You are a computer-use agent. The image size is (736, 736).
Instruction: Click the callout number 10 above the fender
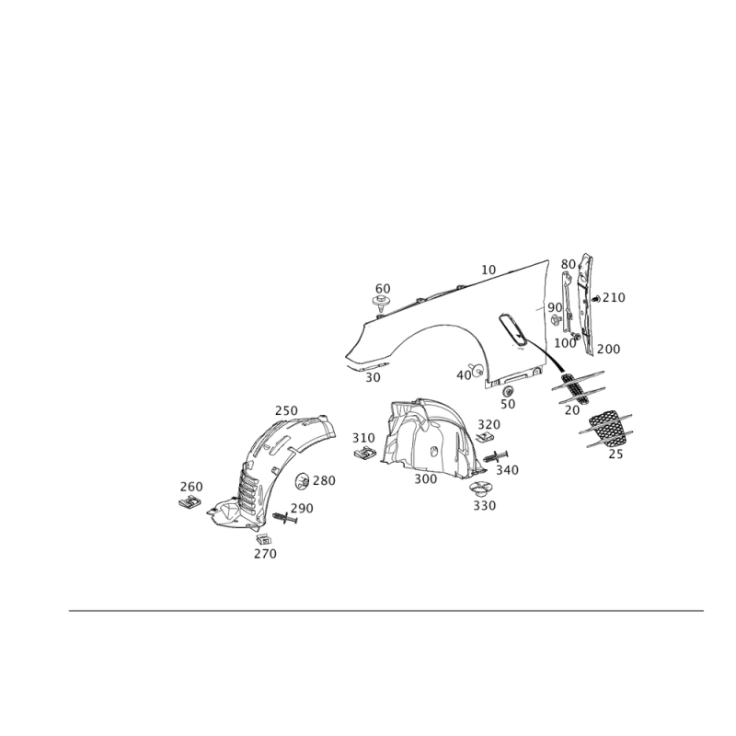(x=489, y=270)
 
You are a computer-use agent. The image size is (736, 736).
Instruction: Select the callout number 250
(x=286, y=410)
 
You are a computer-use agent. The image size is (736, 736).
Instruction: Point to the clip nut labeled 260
(x=190, y=502)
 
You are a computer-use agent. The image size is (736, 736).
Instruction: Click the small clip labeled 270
(x=263, y=539)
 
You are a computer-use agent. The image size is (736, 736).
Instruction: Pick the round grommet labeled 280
(x=303, y=481)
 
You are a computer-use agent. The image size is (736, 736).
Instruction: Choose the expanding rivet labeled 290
(x=285, y=518)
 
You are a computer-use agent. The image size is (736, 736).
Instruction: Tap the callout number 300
(x=426, y=478)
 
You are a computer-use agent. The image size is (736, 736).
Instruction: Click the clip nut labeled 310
(x=364, y=454)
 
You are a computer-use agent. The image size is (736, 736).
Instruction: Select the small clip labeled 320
(x=485, y=438)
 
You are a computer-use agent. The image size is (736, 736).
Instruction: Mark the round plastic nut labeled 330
(x=480, y=489)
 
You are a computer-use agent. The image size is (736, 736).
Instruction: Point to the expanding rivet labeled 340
(x=495, y=455)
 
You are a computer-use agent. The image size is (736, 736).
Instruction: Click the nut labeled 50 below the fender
(x=508, y=391)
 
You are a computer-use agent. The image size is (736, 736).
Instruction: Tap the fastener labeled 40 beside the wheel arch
(x=477, y=370)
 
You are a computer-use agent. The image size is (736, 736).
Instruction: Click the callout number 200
(x=608, y=350)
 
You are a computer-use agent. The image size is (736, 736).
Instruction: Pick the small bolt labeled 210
(x=596, y=298)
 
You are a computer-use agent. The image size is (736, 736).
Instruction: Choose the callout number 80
(x=569, y=265)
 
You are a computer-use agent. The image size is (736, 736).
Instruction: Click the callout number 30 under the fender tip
(x=374, y=377)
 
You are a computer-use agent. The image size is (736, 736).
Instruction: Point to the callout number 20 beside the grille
(x=572, y=410)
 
